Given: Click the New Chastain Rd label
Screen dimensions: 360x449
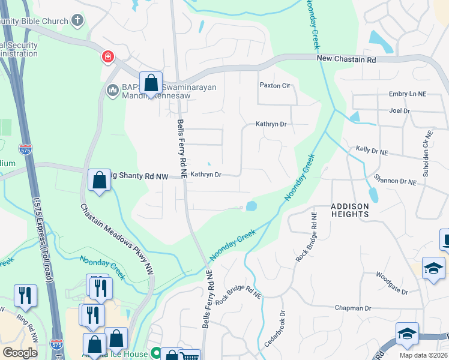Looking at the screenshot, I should pos(346,60).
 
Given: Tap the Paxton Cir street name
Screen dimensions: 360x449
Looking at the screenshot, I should pos(274,86).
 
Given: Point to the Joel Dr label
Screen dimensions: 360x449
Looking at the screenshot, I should pos(399,111).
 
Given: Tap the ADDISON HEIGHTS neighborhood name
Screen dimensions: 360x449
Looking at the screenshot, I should pos(349,209).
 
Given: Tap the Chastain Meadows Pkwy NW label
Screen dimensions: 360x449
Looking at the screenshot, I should pos(118,239).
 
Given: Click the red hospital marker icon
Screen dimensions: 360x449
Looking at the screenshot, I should pos(107,57).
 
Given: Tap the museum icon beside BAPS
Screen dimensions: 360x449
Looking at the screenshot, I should pos(112,91).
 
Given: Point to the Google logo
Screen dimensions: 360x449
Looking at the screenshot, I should pos(20,352).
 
